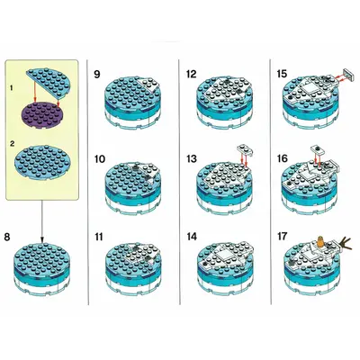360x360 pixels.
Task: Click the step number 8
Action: pyautogui.click(x=7, y=237)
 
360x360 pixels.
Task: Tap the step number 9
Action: pyautogui.click(x=97, y=74)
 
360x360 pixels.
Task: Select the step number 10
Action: pyautogui.click(x=100, y=158)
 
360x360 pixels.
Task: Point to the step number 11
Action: pyautogui.click(x=99, y=237)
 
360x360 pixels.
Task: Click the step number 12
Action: pyautogui.click(x=192, y=74)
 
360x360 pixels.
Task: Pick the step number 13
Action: pyautogui.click(x=192, y=158)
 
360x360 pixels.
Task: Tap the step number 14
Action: pyautogui.click(x=192, y=237)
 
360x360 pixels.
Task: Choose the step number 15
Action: pyautogui.click(x=282, y=74)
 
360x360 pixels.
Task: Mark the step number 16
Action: pyautogui.click(x=283, y=158)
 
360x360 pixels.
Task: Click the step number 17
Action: pyautogui.click(x=282, y=237)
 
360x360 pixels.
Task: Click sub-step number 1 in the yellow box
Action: pyautogui.click(x=12, y=88)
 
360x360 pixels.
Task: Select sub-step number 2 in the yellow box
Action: pyautogui.click(x=12, y=144)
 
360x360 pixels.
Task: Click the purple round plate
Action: pyautogui.click(x=41, y=115)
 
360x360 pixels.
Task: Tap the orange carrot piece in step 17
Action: pyautogui.click(x=321, y=242)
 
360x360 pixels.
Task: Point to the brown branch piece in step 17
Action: pyautogui.click(x=346, y=244)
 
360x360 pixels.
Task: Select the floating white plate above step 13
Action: pyautogui.click(x=245, y=148)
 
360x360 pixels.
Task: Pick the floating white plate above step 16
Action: pyautogui.click(x=317, y=148)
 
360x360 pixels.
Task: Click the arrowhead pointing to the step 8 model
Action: pyautogui.click(x=42, y=240)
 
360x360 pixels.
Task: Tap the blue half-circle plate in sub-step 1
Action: pyautogui.click(x=49, y=81)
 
